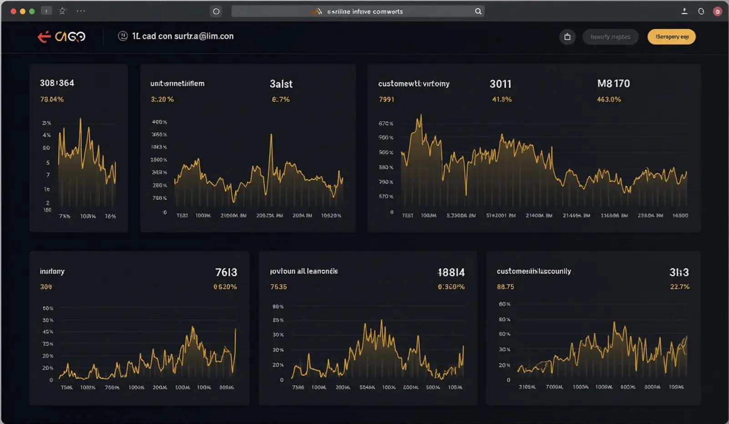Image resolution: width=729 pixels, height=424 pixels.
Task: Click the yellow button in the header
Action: (671, 37)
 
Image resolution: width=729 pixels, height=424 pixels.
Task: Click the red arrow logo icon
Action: (44, 36)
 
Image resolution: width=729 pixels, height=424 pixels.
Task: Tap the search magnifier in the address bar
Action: (478, 11)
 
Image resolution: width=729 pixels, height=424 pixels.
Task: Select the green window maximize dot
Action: (32, 11)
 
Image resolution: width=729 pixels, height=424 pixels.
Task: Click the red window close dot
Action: (13, 11)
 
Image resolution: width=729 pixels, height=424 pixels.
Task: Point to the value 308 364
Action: (57, 83)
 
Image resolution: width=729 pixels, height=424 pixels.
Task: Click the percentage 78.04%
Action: (52, 99)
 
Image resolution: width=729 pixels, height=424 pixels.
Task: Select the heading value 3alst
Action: (281, 84)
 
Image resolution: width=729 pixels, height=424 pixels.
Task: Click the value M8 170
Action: (613, 84)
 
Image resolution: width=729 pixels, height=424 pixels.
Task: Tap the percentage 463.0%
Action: (608, 99)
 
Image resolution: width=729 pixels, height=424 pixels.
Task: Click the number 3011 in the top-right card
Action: (500, 84)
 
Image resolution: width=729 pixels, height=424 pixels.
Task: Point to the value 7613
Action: (226, 272)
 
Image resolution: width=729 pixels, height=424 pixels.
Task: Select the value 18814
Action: (451, 272)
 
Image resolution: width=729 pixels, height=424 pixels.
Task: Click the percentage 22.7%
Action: (679, 287)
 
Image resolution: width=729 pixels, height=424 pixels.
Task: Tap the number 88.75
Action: (505, 287)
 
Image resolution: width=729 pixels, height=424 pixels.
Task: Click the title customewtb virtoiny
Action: (413, 84)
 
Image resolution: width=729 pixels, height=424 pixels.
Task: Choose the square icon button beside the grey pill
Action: (567, 37)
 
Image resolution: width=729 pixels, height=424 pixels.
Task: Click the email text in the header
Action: (182, 36)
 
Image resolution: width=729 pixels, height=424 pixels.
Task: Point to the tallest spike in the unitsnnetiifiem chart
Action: (271, 135)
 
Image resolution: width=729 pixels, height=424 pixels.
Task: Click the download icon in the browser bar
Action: (684, 11)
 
